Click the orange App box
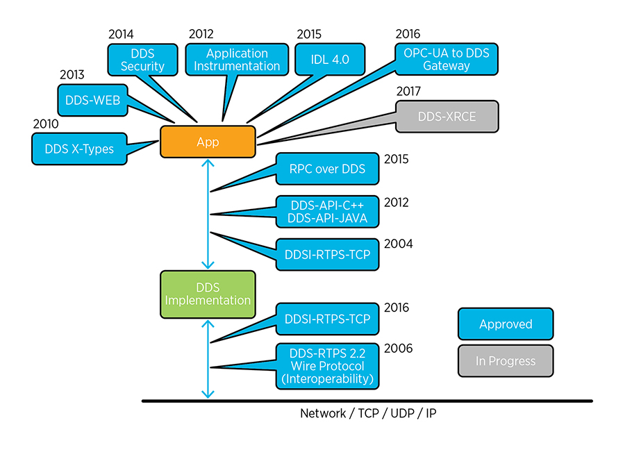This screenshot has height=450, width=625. pos(208,142)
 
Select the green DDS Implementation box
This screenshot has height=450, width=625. pos(208,294)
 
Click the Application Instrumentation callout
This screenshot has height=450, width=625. pos(237,60)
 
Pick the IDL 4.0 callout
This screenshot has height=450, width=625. pos(331,60)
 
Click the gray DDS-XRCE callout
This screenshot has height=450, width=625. pos(447,116)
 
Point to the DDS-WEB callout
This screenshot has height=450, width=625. pos(92,101)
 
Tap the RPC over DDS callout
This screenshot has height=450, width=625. pos(327,169)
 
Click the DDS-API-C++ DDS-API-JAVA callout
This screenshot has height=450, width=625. pos(327,211)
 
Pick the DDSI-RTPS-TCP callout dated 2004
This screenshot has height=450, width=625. pos(327,254)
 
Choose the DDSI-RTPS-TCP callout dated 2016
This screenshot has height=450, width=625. pos(327,319)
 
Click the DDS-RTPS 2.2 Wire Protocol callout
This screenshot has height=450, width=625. pos(327,366)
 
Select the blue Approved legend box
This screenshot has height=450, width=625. pos(506,324)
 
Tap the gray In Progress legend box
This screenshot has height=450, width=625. pos(506,361)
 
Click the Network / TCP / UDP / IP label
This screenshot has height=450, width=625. pos(368,413)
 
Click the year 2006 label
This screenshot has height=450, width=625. pos(398,348)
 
